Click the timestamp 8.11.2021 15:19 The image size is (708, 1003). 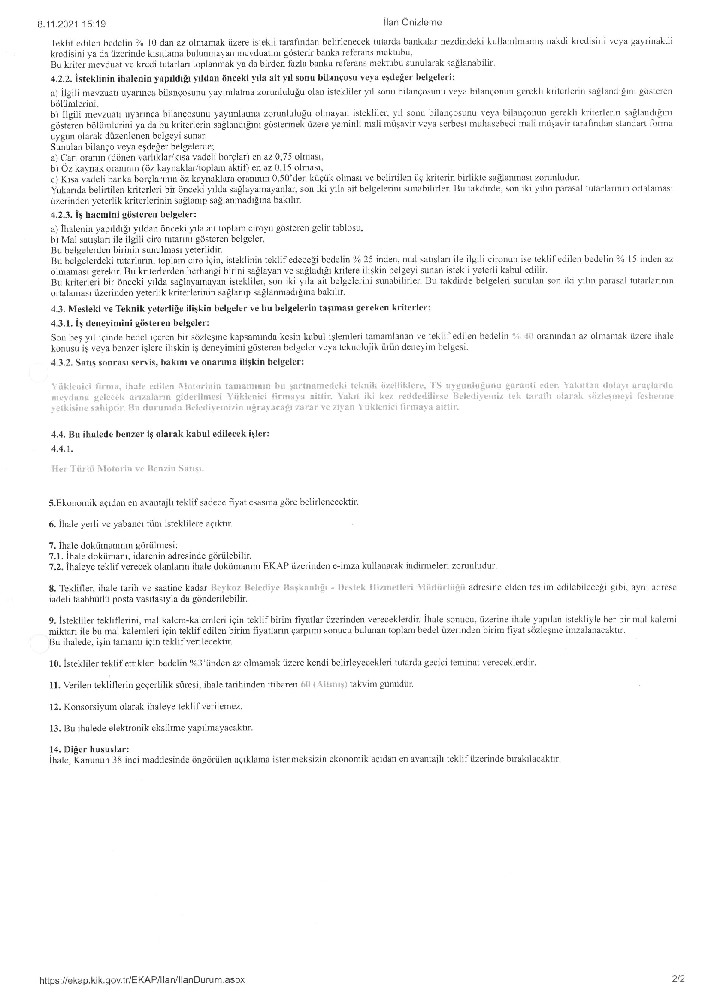tap(71, 24)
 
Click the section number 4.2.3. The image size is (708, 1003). tap(61, 215)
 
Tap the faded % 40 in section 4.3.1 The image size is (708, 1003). tap(523, 336)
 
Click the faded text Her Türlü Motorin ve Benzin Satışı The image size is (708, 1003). tap(127, 469)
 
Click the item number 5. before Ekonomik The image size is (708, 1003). tap(52, 502)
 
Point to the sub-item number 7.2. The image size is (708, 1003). tap(56, 566)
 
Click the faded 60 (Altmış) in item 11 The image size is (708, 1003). tap(324, 684)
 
